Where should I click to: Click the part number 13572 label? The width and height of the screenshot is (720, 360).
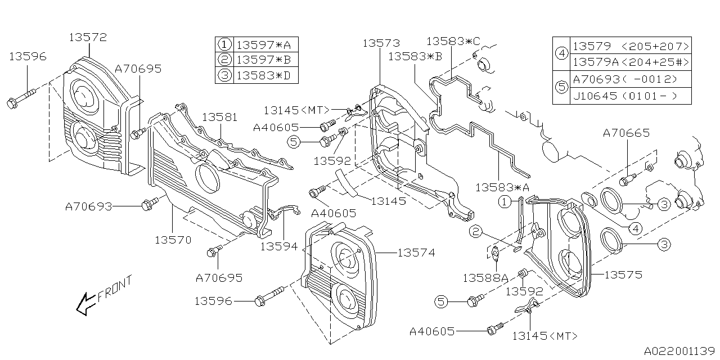[88, 38]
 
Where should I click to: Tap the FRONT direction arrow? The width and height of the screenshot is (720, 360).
[86, 304]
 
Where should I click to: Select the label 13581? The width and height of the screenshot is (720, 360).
[220, 118]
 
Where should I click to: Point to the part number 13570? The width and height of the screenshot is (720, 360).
[173, 240]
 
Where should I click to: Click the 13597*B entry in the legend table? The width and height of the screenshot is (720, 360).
[264, 60]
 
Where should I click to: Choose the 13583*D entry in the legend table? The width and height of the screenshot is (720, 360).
[264, 76]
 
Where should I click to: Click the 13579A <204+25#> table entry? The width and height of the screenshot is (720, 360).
[631, 62]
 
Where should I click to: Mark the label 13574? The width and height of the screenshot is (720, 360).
[416, 253]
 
